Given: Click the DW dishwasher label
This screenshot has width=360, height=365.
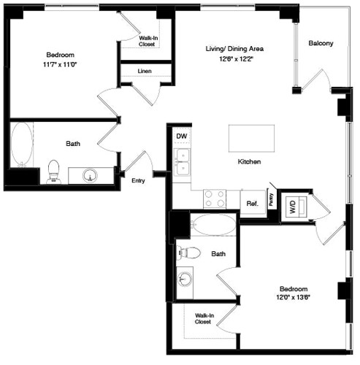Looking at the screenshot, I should tap(181, 136).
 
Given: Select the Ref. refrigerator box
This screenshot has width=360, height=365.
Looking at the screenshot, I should tap(252, 204).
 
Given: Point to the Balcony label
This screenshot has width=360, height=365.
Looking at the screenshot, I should tap(321, 43).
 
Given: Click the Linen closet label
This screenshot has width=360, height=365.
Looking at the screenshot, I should tap(145, 71).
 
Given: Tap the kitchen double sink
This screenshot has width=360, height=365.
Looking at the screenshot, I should tap(182, 161).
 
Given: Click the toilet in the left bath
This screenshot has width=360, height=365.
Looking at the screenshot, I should tap(53, 171).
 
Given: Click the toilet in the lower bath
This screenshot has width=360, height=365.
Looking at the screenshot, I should tap(190, 253).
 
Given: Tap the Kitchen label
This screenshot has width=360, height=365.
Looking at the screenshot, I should tap(250, 161).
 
